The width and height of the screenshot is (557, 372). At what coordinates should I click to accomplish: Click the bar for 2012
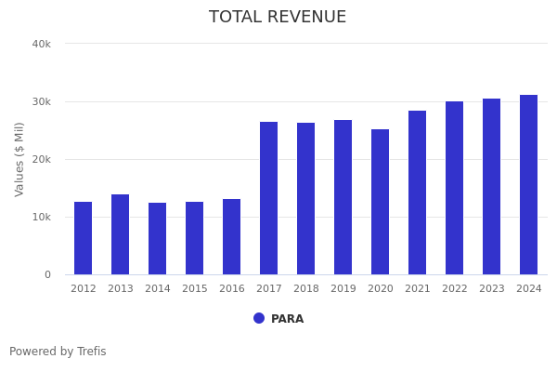tap(84, 238)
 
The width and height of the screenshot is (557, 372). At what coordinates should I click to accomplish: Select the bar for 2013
tap(121, 234)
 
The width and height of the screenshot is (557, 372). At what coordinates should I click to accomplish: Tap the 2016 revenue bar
tap(232, 236)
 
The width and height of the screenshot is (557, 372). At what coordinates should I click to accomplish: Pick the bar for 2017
tap(269, 198)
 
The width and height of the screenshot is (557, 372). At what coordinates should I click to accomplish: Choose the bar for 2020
tap(381, 202)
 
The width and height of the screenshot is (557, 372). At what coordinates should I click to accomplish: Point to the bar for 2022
tap(455, 188)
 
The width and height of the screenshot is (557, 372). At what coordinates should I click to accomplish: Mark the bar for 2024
tap(529, 184)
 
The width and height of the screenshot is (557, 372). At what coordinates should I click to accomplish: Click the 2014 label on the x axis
tap(158, 289)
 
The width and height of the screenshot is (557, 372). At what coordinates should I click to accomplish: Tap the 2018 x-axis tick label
tap(306, 289)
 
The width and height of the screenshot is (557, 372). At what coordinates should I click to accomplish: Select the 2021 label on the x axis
tap(418, 289)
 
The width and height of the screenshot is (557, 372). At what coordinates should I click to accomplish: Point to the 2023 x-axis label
tap(492, 289)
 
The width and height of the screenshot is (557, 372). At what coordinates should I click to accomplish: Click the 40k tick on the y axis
tap(41, 44)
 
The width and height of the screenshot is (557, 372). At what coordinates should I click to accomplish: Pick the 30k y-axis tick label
tap(41, 101)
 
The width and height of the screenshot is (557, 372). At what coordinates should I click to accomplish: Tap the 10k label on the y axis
tap(41, 217)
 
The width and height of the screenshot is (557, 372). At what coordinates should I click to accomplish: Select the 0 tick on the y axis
tap(46, 274)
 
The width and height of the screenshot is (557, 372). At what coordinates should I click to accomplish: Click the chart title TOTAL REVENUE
tap(278, 18)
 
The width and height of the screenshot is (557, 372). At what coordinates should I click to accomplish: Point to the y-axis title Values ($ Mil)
tap(19, 159)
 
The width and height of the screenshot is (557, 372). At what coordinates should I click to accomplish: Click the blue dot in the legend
tap(259, 318)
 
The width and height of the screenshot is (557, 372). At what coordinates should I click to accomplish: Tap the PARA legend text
tap(287, 319)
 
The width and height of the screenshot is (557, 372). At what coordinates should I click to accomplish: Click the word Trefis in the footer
tap(91, 352)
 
